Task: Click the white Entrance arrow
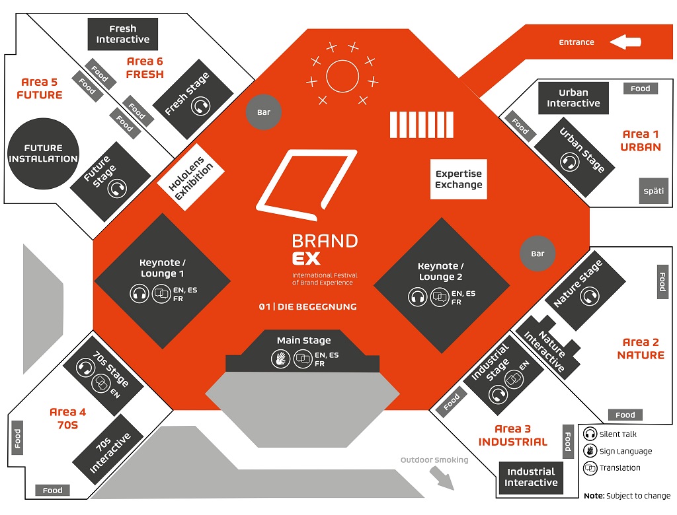(625, 42)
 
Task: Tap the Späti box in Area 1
(653, 191)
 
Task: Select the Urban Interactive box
(573, 98)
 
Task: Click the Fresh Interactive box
(123, 34)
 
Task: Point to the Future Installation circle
(44, 154)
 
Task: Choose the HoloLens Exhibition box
(191, 177)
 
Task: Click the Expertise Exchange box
(458, 179)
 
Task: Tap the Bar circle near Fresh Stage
(263, 112)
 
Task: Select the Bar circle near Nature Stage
(538, 254)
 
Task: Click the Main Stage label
(303, 341)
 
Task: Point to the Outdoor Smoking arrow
(443, 478)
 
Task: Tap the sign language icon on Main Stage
(280, 359)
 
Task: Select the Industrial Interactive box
(531, 477)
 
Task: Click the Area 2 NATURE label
(641, 349)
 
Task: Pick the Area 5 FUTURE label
(40, 88)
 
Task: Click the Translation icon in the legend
(590, 468)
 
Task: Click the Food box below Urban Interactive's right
(640, 88)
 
